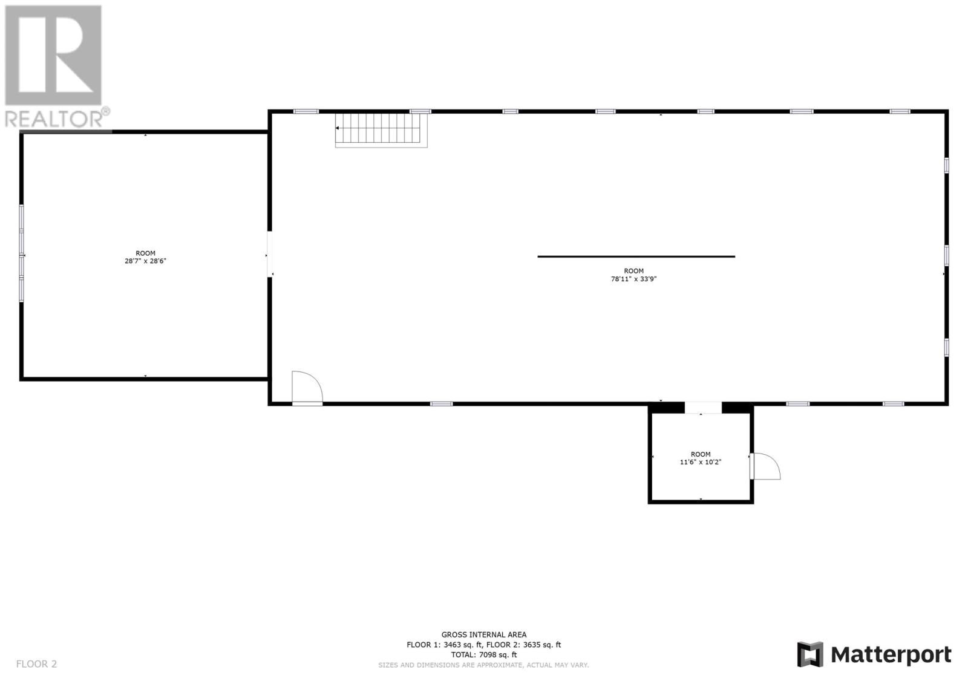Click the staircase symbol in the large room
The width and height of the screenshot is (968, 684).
382,129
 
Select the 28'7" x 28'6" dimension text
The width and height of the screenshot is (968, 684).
145,261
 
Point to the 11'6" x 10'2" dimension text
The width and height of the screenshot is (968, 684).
701,462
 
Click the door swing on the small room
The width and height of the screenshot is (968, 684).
766,466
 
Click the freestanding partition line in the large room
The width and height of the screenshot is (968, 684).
636,256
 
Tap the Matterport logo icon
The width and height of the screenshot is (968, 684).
810,654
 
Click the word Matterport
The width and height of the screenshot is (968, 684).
891,655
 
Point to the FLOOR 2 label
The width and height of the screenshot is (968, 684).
36,664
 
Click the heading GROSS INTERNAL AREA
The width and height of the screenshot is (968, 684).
483,634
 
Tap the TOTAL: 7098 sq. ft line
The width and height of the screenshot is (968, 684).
483,654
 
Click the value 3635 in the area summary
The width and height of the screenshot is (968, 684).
533,645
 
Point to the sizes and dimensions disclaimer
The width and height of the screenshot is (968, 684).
483,665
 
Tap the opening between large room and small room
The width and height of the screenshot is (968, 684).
703,408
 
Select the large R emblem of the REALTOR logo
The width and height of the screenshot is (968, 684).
53,56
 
